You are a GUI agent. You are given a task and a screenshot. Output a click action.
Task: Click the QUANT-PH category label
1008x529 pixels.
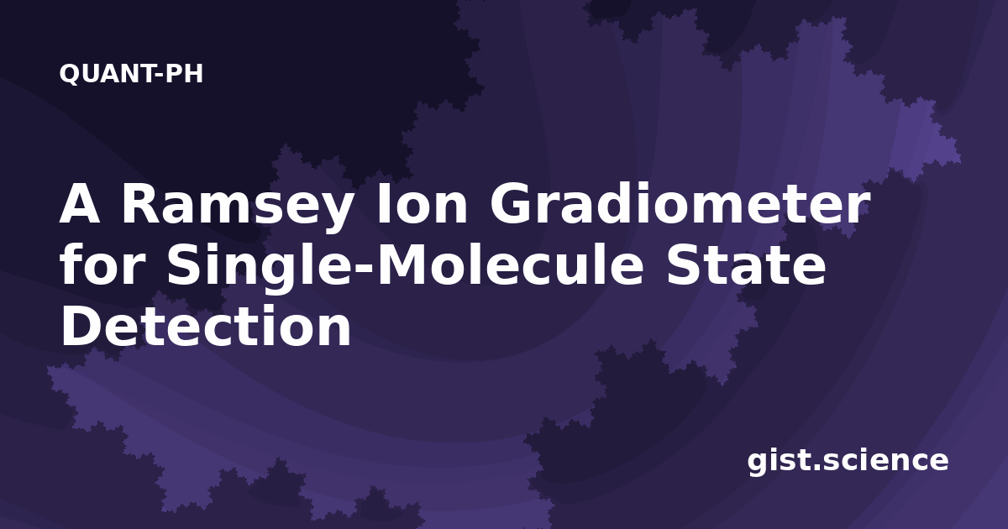coord(131,73)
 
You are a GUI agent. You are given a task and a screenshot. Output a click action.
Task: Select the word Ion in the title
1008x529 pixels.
coord(423,205)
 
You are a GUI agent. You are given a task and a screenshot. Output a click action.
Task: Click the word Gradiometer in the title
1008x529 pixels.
coord(680,205)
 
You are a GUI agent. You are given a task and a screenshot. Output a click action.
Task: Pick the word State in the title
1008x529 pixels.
coord(747,265)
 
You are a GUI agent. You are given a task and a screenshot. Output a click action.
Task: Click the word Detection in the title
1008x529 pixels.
coord(206,326)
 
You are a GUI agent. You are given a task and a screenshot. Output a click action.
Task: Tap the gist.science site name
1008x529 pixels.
coord(848,461)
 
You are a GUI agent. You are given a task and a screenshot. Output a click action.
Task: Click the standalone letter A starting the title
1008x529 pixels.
coord(80,204)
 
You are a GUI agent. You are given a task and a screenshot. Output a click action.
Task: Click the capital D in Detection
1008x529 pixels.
coord(81,326)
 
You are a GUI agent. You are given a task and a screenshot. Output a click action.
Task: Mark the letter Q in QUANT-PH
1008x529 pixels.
coord(69,74)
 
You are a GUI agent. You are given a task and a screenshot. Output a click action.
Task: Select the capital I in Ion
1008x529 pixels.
coord(383,204)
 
